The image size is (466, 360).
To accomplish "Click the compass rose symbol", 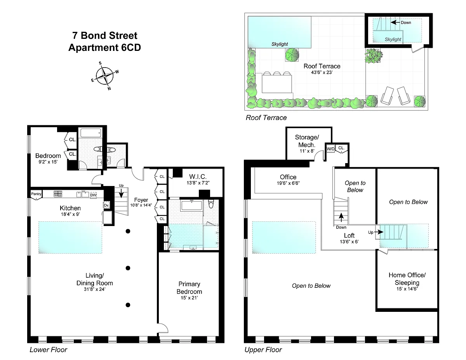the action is (104, 76).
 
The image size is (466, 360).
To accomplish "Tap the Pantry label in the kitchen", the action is (36, 194).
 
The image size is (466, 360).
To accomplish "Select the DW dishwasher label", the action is (93, 195).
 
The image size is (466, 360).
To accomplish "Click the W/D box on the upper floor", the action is (330, 149).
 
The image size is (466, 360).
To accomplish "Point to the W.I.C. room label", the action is (198, 177).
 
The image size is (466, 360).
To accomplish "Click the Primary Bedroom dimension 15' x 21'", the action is (189, 297).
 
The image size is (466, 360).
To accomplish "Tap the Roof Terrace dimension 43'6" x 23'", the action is (322, 72).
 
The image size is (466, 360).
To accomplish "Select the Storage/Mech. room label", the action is (307, 141).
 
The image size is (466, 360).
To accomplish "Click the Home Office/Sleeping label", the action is (407, 279).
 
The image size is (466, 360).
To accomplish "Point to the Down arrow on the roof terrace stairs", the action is (395, 22).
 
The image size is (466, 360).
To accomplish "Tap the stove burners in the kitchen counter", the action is (58, 194).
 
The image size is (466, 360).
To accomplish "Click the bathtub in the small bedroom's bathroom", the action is (91, 133).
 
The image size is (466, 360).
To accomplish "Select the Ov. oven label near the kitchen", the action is (106, 205).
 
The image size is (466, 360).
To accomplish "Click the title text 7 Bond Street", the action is (104, 36).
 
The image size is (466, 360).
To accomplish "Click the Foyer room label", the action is (141, 200).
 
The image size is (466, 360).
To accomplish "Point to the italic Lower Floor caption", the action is (48, 350).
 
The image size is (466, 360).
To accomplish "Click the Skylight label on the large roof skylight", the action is (280, 44).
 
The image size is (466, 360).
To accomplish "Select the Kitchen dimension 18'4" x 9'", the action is (70, 214).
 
